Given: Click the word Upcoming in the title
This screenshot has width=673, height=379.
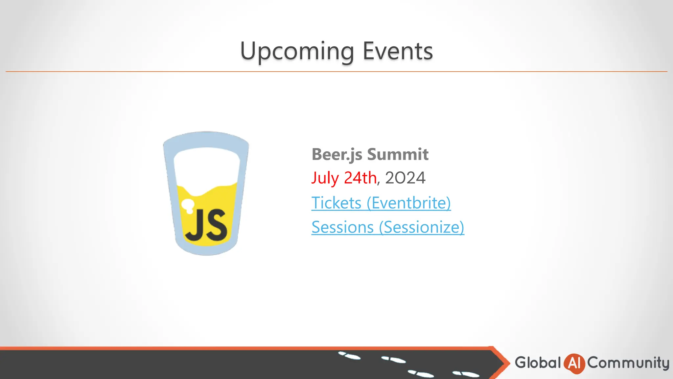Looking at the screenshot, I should pos(297,51).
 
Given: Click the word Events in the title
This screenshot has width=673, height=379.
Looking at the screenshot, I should pos(398,51).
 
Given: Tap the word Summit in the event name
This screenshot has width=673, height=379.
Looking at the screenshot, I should pos(398,154).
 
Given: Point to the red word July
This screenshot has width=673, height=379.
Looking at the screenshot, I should pos(325,178).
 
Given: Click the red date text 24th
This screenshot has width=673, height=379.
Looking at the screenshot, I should pos(360,178).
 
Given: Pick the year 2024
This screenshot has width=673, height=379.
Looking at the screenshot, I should pos(405,178).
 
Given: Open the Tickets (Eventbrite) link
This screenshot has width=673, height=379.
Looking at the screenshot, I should pos(381,203).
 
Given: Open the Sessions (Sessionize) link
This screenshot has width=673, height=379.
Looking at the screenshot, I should pos(388,227).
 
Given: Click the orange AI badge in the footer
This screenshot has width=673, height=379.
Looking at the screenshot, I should pos(574,363).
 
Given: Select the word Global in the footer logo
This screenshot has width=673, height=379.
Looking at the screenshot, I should pos(538,363).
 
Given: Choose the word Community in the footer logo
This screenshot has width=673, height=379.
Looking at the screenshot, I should pos(628,363).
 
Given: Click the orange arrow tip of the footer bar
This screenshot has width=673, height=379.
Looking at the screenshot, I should pos(504,363).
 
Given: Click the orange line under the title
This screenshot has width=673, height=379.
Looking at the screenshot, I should pos(336,71).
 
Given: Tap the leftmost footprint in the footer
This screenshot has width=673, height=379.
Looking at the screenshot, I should pos(349,356).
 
